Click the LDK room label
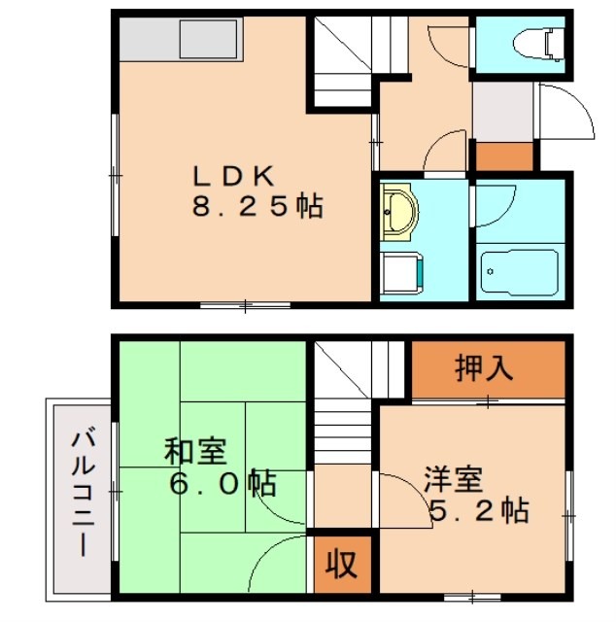click(x=235, y=177)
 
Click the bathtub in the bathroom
click(x=519, y=271)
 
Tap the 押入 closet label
click(x=483, y=369)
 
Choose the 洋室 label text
click(x=453, y=480)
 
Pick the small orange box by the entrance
click(x=503, y=155)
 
